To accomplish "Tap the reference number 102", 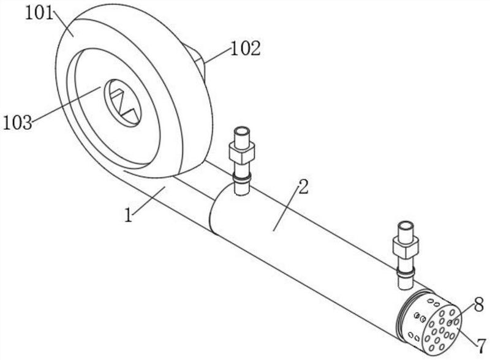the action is (x=246, y=48).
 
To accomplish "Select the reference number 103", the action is (x=18, y=122).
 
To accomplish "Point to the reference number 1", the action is (x=129, y=216).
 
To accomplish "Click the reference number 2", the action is (x=303, y=187).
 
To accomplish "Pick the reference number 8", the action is (x=479, y=304).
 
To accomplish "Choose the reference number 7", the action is (x=481, y=347).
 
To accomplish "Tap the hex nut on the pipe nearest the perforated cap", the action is (x=405, y=247).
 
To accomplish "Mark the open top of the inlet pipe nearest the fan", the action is (x=242, y=130).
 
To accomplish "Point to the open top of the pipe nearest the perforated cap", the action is (x=405, y=225).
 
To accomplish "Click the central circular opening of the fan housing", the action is (x=123, y=103).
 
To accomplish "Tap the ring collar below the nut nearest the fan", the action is (x=242, y=178).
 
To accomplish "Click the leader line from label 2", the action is (x=285, y=209).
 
